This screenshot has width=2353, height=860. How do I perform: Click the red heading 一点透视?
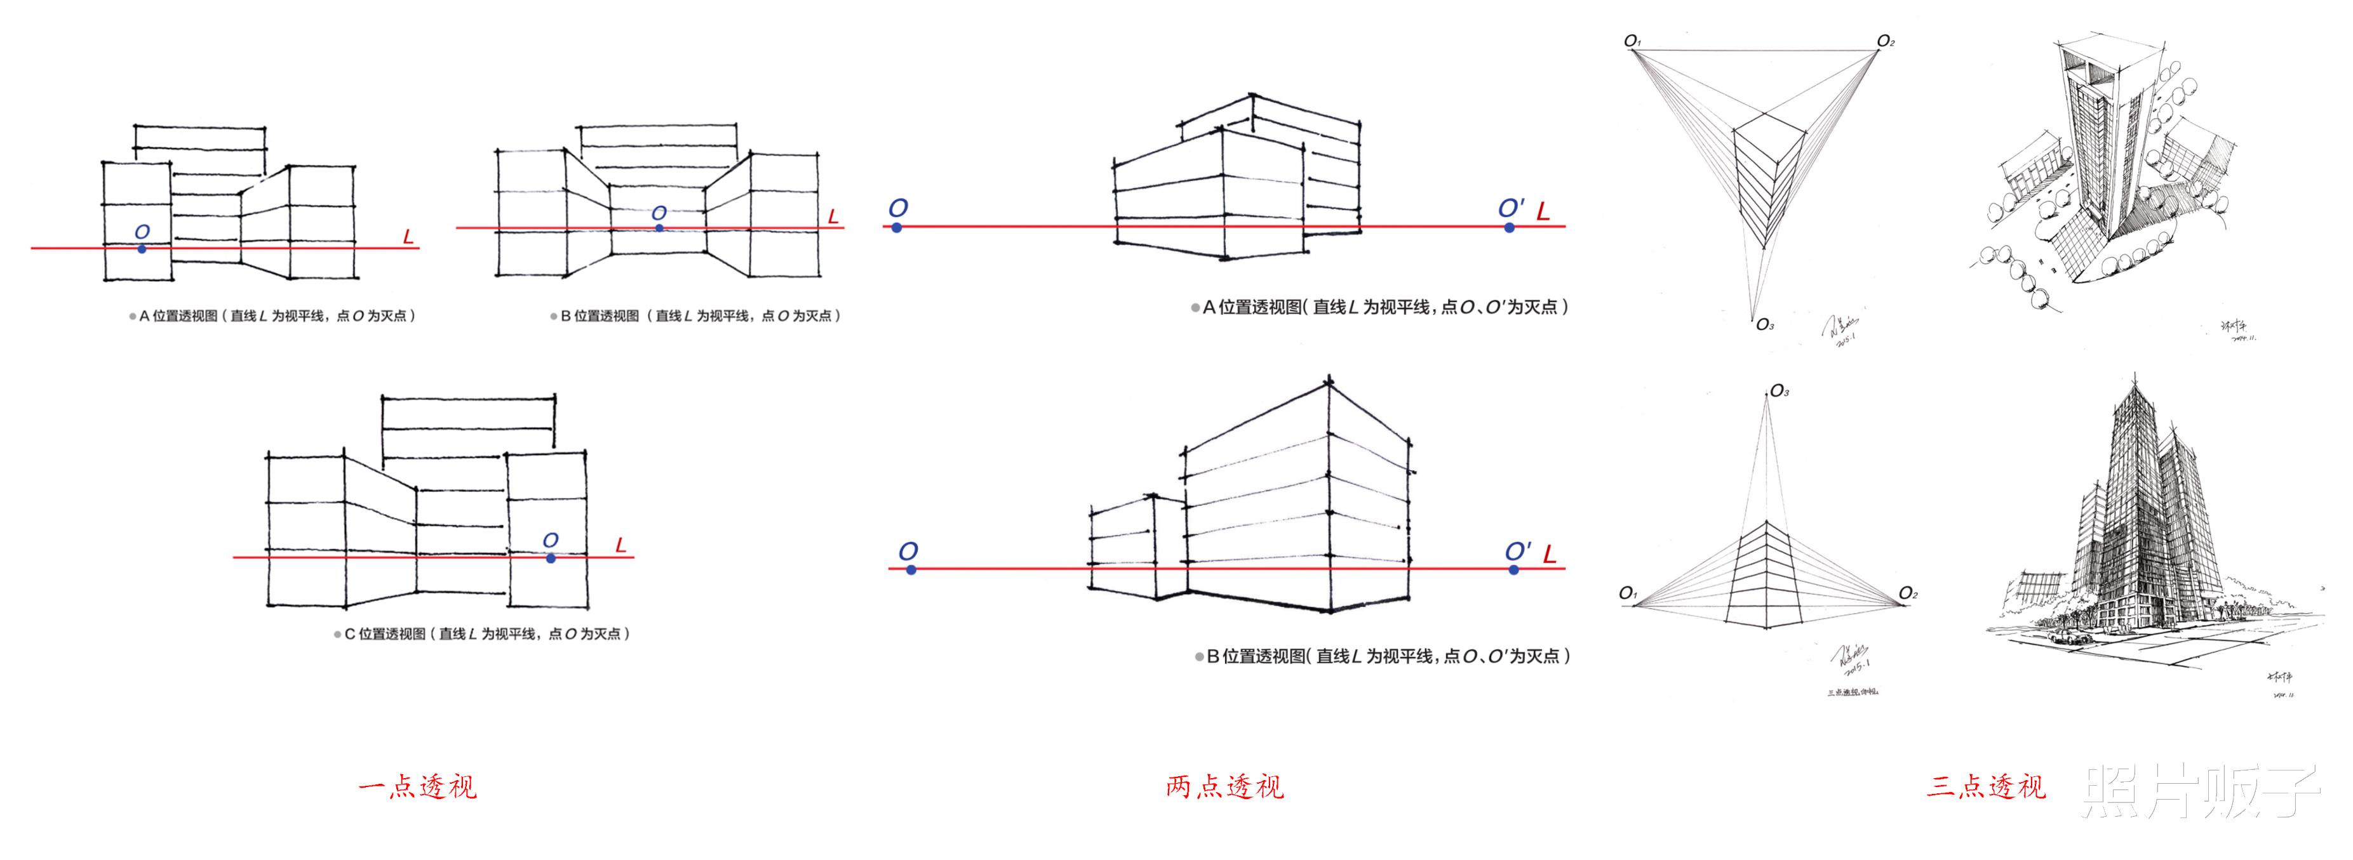(417, 786)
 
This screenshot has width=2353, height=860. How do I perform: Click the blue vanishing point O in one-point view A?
(142, 248)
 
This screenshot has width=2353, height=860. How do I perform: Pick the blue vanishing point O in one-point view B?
(659, 227)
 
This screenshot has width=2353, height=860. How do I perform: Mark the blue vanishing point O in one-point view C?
(551, 557)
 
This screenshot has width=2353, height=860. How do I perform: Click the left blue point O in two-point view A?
(897, 227)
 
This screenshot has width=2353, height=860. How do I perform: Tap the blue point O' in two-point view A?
(1510, 227)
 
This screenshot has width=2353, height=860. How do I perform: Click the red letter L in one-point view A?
(408, 237)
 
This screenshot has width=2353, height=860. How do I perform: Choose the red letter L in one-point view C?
(621, 545)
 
